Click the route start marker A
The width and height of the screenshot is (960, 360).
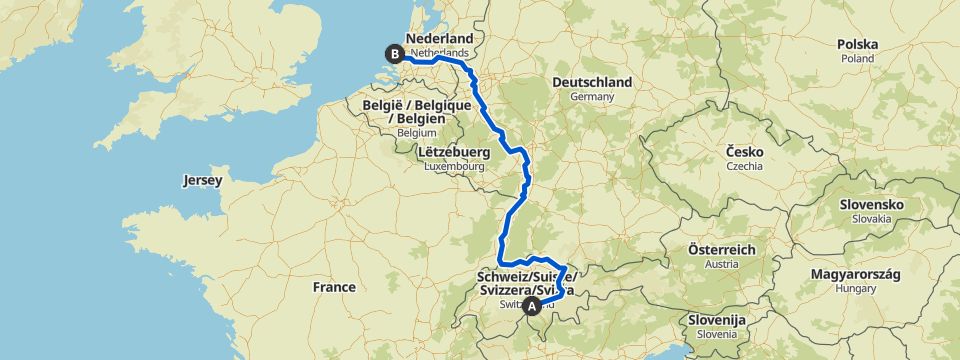[x=533, y=306]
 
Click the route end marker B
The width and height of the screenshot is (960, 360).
[x=396, y=54]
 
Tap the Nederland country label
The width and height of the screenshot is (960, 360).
[x=439, y=37]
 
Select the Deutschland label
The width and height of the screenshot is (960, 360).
[x=594, y=82]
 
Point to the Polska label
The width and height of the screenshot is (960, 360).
[x=858, y=45]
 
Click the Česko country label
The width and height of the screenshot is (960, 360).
[x=745, y=151]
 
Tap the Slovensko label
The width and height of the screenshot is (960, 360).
[x=871, y=204]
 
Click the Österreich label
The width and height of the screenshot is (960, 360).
[x=721, y=249]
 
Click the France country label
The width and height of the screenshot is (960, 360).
[x=333, y=287]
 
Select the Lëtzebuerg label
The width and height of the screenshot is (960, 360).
[x=449, y=151]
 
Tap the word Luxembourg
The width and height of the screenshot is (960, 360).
[x=451, y=165]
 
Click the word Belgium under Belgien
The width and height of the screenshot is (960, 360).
[x=419, y=132]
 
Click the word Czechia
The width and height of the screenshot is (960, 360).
[x=745, y=166]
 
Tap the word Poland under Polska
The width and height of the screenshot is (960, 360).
[x=857, y=59]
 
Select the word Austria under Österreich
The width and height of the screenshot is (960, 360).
[x=720, y=264]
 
